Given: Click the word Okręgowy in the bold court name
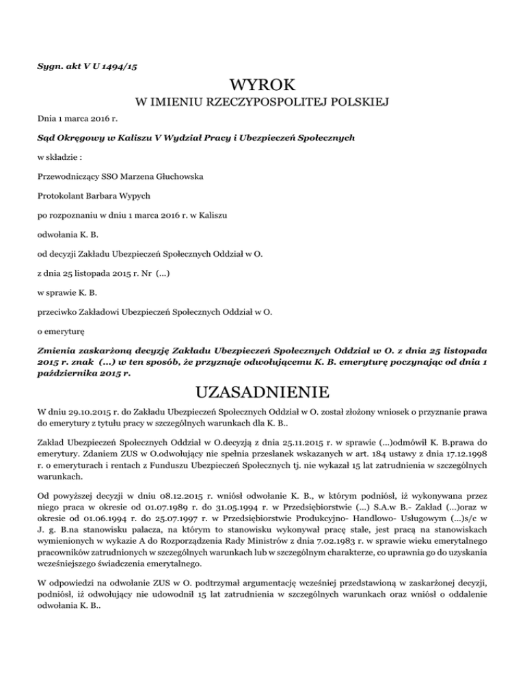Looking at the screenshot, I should (x=83, y=137).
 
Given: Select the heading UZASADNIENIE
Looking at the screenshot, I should (x=262, y=393).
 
